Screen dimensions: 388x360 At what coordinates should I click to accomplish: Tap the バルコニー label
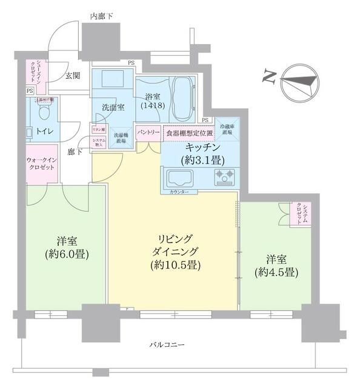(x=167, y=345)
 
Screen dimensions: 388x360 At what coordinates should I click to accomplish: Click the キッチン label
(x=199, y=148)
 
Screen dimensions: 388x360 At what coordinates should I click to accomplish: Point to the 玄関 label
(x=73, y=75)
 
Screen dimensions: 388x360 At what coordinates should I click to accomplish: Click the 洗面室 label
(x=113, y=107)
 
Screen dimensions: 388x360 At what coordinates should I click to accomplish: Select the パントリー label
(x=148, y=132)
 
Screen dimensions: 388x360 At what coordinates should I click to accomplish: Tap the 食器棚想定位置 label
(x=189, y=132)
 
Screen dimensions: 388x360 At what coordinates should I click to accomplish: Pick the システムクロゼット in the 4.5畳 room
(x=300, y=214)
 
